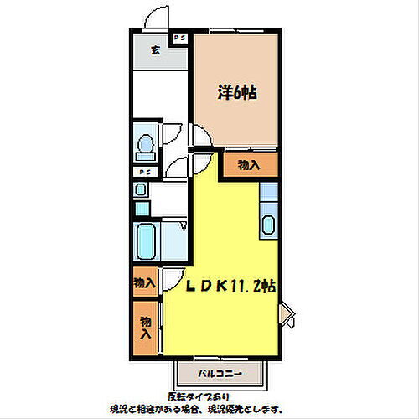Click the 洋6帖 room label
tap(238, 93)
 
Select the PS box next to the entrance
tap(179, 39)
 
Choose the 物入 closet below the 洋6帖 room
tap(249, 165)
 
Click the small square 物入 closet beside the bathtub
tap(144, 283)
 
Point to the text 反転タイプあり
tap(199, 396)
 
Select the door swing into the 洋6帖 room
tap(201, 137)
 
